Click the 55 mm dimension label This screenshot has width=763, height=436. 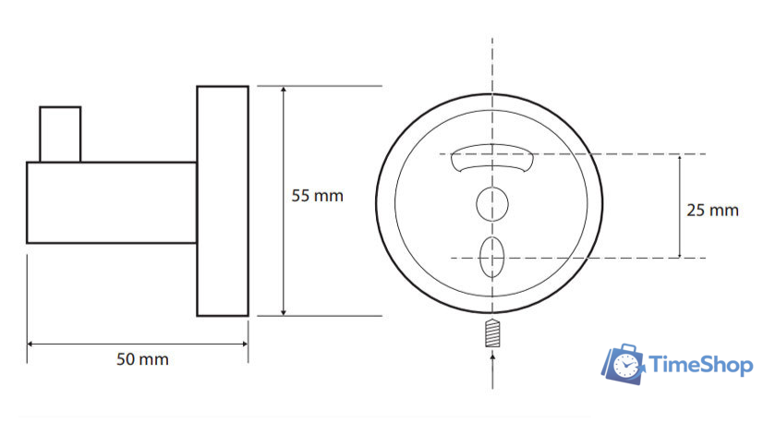pos(317,196)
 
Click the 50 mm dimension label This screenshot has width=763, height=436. pos(142,359)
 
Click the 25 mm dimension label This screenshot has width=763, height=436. pos(712,211)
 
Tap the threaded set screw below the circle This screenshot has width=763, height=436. pos(492,333)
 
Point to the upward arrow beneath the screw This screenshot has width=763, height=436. pos(492,371)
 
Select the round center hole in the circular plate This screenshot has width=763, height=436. pos(492,204)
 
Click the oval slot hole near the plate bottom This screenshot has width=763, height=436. pos(491,257)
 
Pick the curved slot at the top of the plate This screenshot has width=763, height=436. pos(492,157)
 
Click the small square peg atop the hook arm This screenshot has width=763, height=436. pos(60,134)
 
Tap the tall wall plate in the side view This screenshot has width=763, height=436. pos(223,201)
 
